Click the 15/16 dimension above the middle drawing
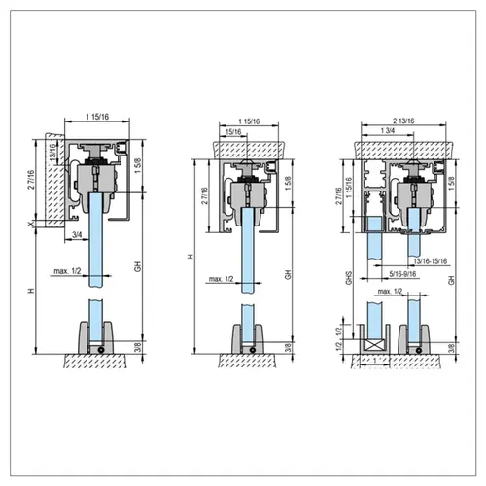[233, 131]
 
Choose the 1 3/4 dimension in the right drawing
[389, 131]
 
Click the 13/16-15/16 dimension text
[424, 260]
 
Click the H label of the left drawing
[32, 291]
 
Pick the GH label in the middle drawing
[287, 275]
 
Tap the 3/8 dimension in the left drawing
[138, 347]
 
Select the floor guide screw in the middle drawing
[253, 349]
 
